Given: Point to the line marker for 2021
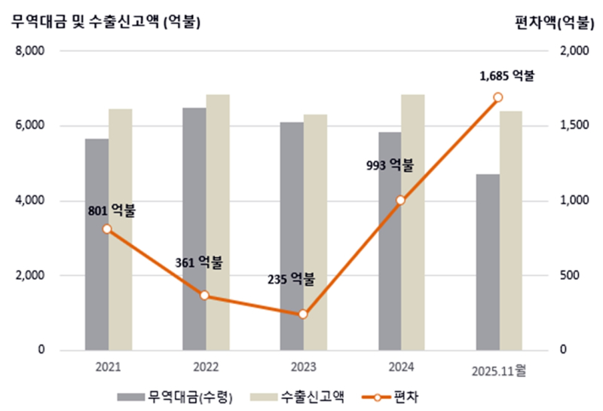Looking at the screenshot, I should [x=107, y=229].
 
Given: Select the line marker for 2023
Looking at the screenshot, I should [x=303, y=314].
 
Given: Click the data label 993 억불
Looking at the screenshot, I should [x=390, y=166].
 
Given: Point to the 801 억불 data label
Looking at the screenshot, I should [x=112, y=210].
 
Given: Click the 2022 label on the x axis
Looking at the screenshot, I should [x=206, y=367].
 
